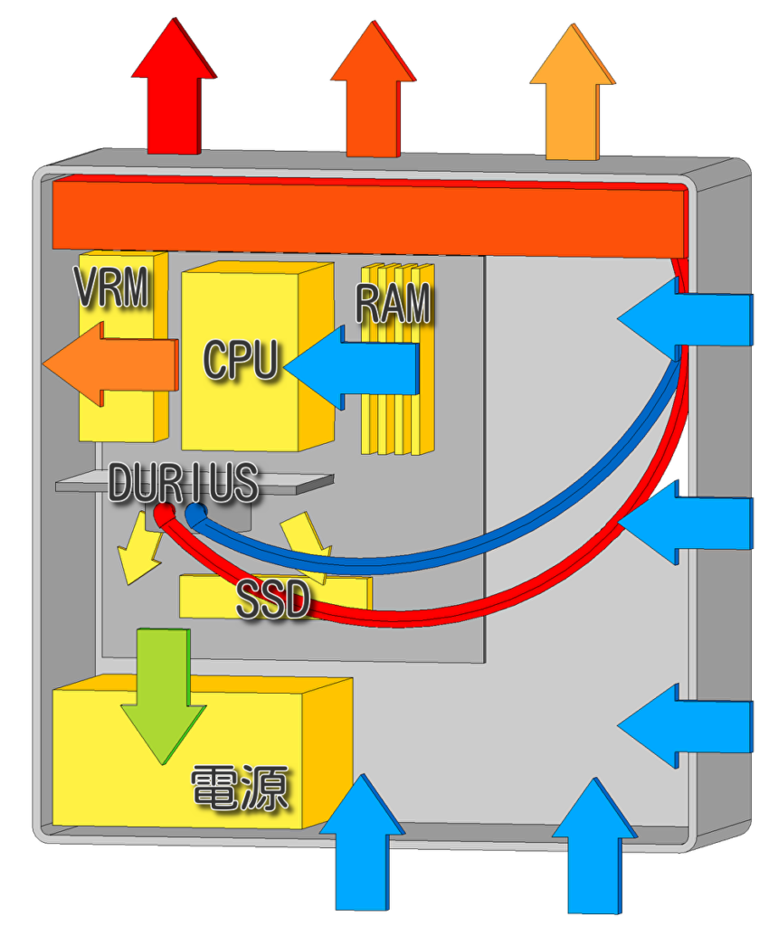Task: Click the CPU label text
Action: (x=241, y=359)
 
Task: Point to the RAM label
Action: (x=394, y=304)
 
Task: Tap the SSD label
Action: (x=273, y=601)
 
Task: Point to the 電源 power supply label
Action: (x=240, y=788)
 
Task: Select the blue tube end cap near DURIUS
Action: (x=195, y=514)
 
